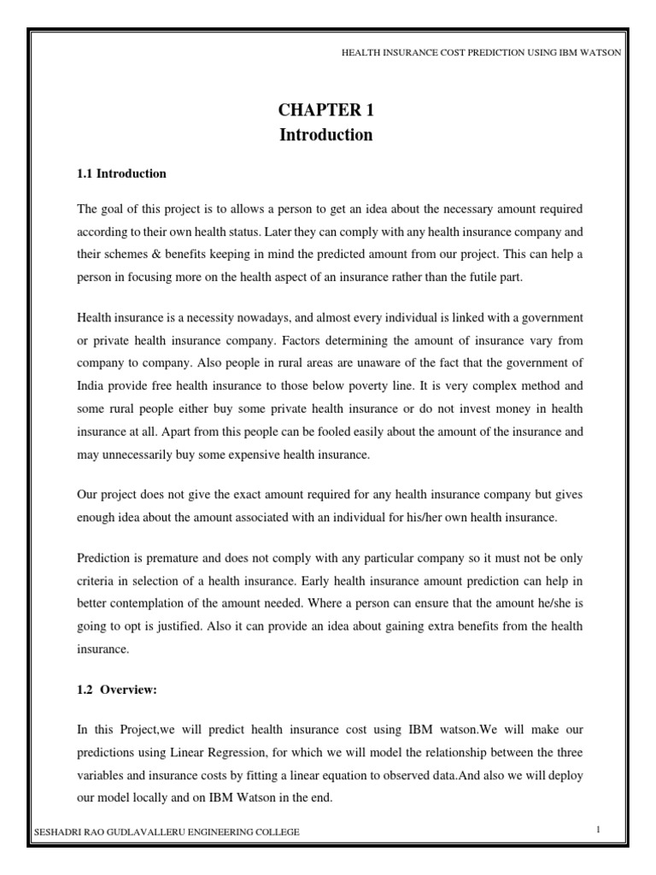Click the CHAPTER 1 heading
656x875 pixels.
327,110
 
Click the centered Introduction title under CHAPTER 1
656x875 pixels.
327,135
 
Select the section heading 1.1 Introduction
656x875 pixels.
121,173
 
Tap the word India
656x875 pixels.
92,386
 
